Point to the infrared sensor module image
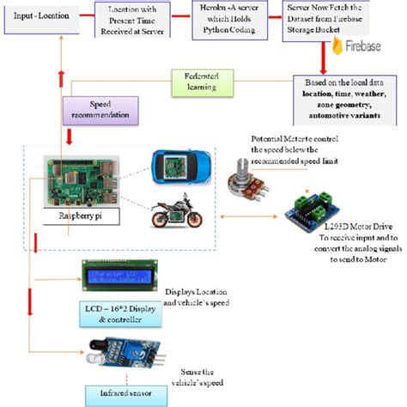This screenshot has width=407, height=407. pos(120,354)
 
